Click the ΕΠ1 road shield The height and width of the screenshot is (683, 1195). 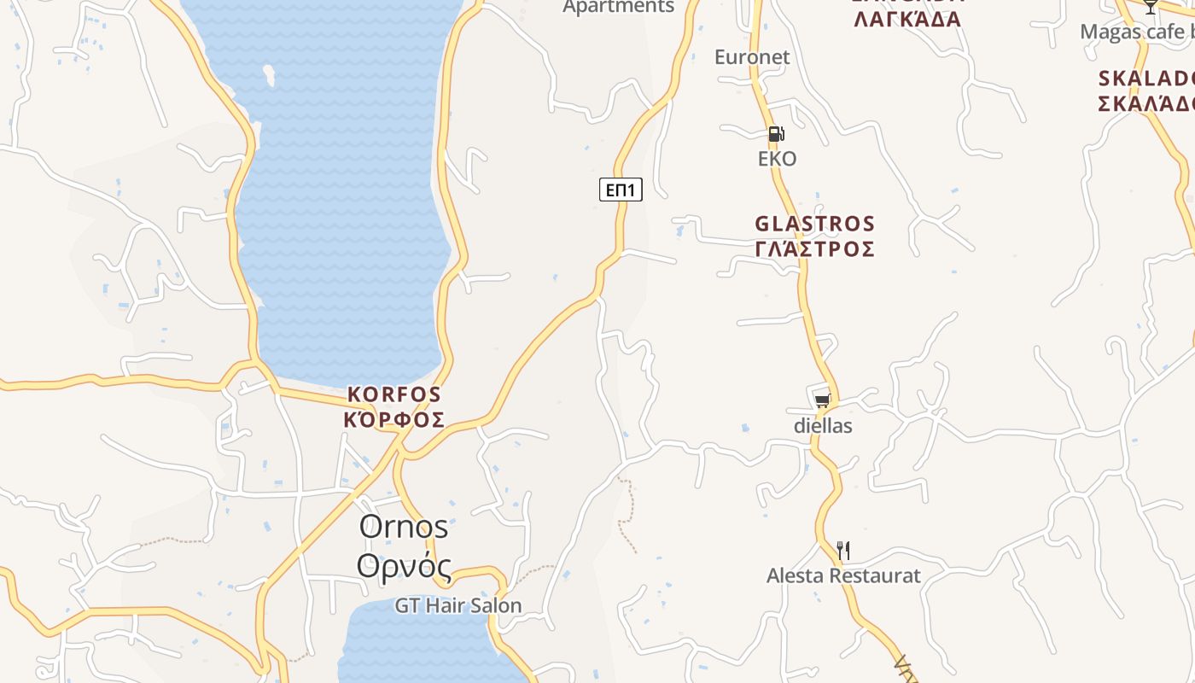pos(621,190)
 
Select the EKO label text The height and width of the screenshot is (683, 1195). pos(777,159)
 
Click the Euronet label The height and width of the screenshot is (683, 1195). pos(752,57)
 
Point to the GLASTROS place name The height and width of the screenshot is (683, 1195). pos(815,224)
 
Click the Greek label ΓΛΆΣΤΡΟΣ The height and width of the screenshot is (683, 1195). pos(815,248)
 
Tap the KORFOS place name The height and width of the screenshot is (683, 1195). pos(394,394)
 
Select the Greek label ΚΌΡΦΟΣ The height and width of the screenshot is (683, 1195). pos(394,419)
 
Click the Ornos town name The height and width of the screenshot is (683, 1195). pos(404,527)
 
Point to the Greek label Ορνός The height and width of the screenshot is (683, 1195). pos(404,564)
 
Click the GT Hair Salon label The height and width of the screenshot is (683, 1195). pos(458,605)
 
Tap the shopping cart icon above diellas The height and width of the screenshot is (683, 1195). pos(822,400)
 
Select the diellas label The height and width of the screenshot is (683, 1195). pos(823,425)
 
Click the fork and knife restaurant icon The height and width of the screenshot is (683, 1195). pos(843,550)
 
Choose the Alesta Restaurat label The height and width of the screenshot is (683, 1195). pos(843,575)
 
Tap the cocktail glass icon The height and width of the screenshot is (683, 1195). pos(1151,7)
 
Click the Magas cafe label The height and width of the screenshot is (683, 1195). pos(1135,32)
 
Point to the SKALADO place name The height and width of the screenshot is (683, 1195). pos(1145,79)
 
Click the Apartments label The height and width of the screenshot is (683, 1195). pos(619,7)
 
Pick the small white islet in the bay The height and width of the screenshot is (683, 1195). pos(269,75)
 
